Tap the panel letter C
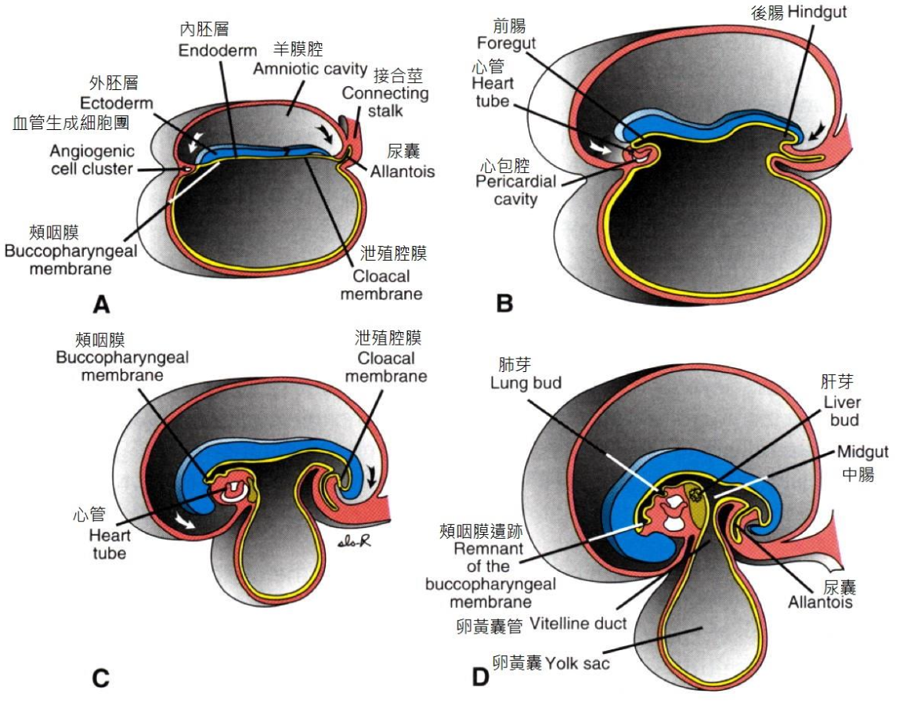pyautogui.click(x=100, y=677)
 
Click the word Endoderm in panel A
pyautogui.click(x=217, y=51)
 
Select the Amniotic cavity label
pyautogui.click(x=310, y=69)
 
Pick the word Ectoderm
pyautogui.click(x=117, y=103)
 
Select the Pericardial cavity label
pyautogui.click(x=516, y=190)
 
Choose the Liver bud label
pyautogui.click(x=841, y=411)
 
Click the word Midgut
pyautogui.click(x=861, y=452)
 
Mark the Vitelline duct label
pyautogui.click(x=578, y=624)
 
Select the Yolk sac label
pyautogui.click(x=578, y=663)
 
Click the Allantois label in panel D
pyautogui.click(x=821, y=603)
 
